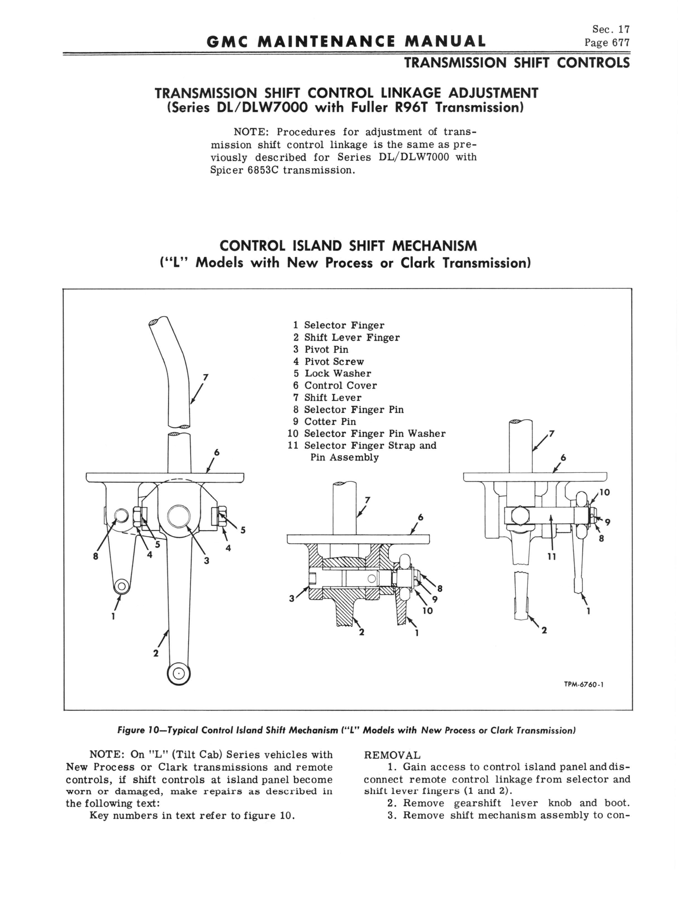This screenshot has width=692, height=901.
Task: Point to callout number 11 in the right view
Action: (x=552, y=557)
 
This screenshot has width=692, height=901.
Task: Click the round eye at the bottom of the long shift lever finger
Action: (x=179, y=673)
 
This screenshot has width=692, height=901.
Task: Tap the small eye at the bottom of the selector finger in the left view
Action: (x=121, y=586)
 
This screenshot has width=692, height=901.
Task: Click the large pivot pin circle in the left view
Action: (x=179, y=516)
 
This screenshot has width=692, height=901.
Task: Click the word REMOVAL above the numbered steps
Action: (x=392, y=755)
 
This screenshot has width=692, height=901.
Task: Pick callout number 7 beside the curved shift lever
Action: (x=206, y=377)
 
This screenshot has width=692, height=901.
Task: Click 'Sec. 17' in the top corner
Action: (x=611, y=29)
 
